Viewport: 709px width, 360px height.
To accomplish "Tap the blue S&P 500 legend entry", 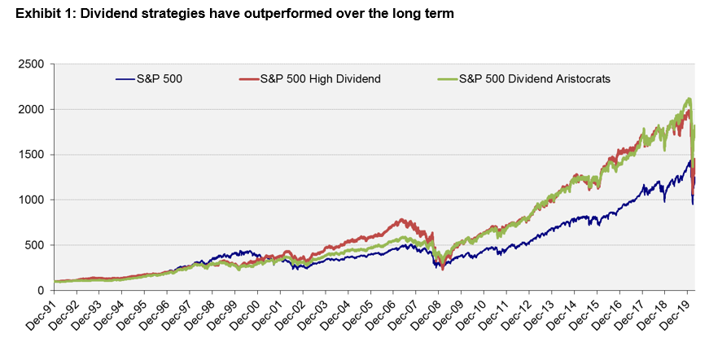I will tap(160, 79).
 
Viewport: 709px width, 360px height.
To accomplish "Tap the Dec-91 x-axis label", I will tap(42, 314).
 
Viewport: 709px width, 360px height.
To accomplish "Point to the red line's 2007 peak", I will tap(400, 219).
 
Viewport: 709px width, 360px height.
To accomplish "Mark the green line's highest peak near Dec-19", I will tap(689, 99).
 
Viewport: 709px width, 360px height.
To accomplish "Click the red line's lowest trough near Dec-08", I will tap(442, 269).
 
